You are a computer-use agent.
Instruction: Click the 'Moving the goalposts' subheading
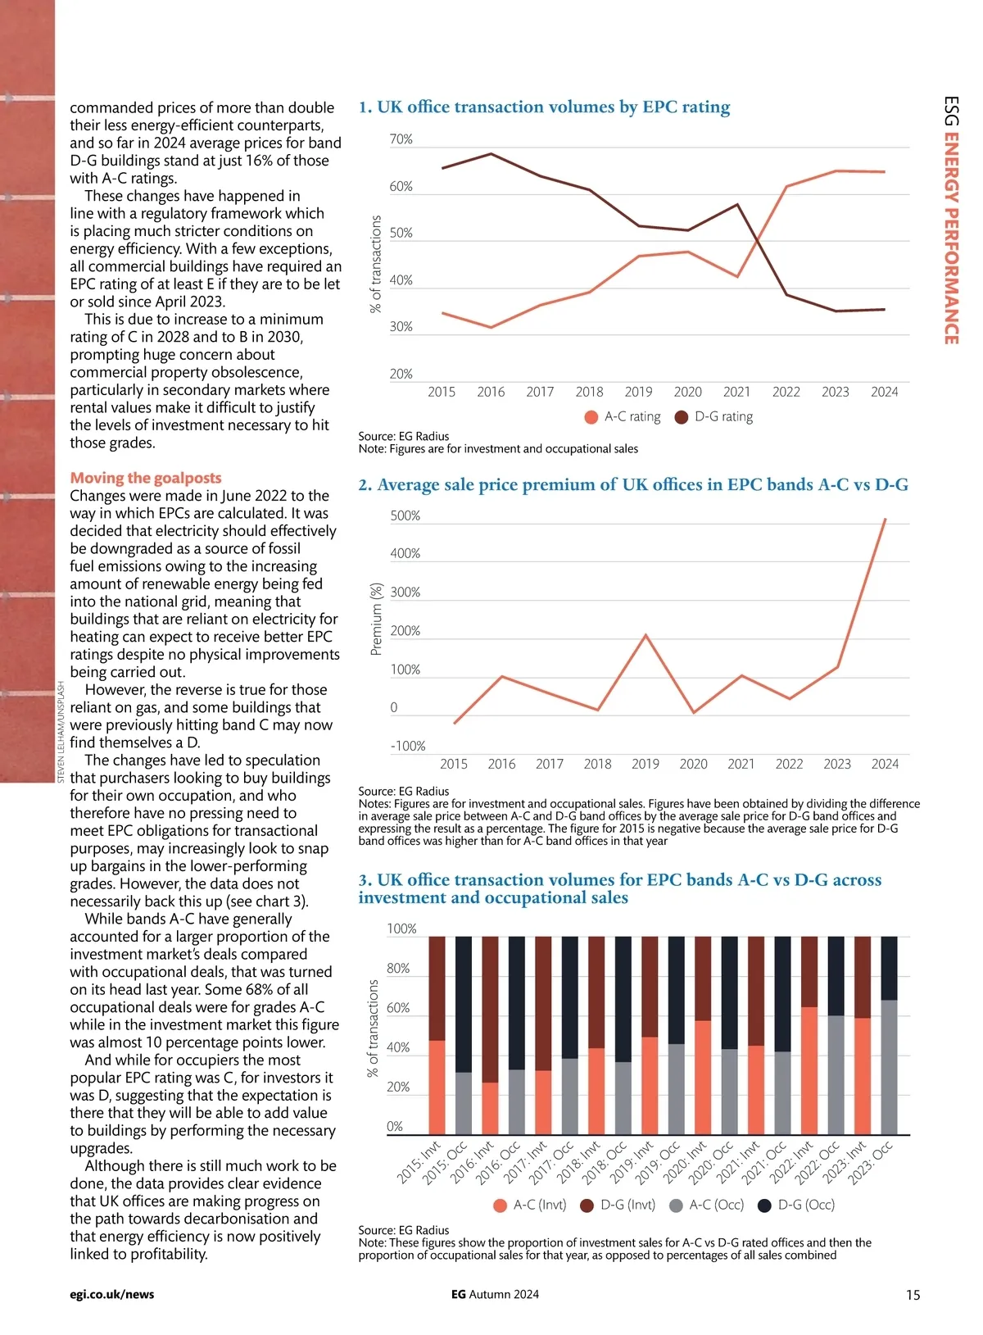click(x=146, y=478)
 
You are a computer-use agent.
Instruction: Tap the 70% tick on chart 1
click(x=401, y=140)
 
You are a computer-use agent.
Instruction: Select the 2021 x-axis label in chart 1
click(x=736, y=392)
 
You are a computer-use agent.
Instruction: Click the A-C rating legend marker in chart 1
click(x=591, y=417)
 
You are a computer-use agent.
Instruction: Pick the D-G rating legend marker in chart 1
click(x=682, y=417)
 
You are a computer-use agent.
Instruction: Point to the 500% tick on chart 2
click(x=405, y=515)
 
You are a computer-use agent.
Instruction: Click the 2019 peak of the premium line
click(x=646, y=635)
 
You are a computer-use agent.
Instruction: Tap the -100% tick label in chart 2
click(x=407, y=746)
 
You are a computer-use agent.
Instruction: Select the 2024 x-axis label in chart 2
click(x=885, y=764)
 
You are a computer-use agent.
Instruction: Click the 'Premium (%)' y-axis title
click(x=377, y=619)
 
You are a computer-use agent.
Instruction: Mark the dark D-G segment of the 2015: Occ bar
click(x=464, y=1004)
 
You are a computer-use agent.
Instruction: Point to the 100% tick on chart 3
click(x=401, y=929)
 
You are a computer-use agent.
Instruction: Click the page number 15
click(x=913, y=1295)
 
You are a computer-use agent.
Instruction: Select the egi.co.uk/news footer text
click(x=112, y=1295)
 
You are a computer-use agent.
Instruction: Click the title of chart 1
click(x=544, y=107)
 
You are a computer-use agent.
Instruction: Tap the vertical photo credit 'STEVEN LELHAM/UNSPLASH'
click(x=61, y=732)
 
